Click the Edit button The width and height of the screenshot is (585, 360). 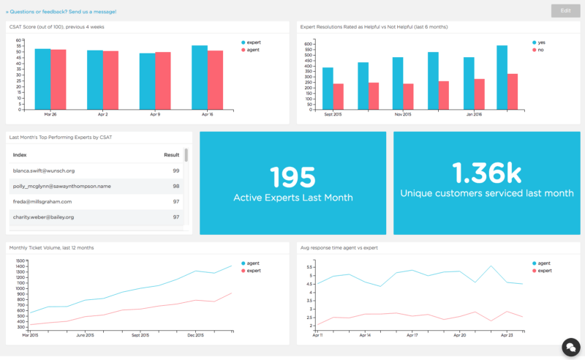tap(565, 10)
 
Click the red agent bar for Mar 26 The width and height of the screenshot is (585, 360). tap(58, 79)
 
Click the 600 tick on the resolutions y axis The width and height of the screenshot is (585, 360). tap(308, 44)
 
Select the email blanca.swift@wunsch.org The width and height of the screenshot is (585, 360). tap(44, 170)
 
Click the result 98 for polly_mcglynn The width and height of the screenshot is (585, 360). tap(175, 186)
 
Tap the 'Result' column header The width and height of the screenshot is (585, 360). tap(171, 155)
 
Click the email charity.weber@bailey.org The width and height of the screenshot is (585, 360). tap(43, 217)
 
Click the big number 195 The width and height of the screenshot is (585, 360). tap(292, 177)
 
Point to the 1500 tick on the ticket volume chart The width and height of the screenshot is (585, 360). tap(20, 260)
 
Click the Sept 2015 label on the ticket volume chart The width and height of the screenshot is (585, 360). tap(141, 336)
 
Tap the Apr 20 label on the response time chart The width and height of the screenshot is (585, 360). tap(460, 336)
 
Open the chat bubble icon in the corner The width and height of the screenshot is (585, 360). tap(570, 346)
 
